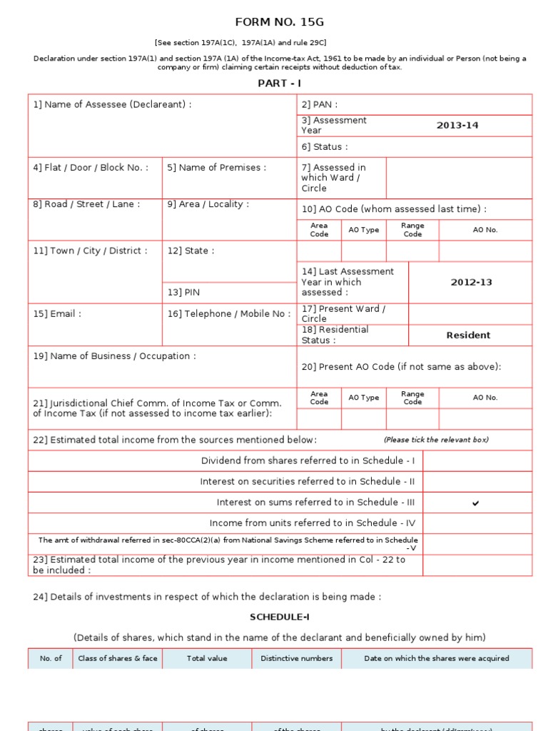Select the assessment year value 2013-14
[x=457, y=126]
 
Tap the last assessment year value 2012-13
[x=471, y=282]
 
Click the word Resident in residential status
[x=468, y=335]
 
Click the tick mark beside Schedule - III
[x=476, y=503]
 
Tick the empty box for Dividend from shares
[x=477, y=461]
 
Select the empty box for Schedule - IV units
[x=477, y=523]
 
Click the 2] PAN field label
[x=320, y=105]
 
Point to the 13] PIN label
[x=183, y=292]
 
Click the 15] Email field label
[x=57, y=313]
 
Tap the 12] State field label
[x=191, y=251]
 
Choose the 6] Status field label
[x=325, y=147]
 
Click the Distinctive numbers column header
[x=296, y=658]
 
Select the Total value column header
[x=207, y=658]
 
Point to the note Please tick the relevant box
[x=436, y=440]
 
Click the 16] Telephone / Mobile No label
[x=229, y=313]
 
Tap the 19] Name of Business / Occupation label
[x=114, y=356]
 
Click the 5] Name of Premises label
[x=216, y=168]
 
